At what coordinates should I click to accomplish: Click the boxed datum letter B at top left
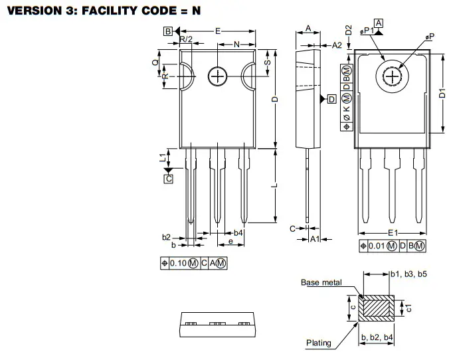pyautogui.click(x=168, y=31)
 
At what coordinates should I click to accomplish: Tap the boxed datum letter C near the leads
pyautogui.click(x=169, y=178)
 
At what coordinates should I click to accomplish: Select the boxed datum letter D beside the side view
pyautogui.click(x=332, y=100)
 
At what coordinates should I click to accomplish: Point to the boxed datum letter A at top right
pyautogui.click(x=379, y=23)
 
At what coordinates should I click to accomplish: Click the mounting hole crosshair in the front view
pyautogui.click(x=217, y=76)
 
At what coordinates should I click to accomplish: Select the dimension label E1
pyautogui.click(x=393, y=233)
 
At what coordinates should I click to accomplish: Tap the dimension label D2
pyautogui.click(x=348, y=30)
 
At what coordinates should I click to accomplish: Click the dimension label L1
pyautogui.click(x=161, y=157)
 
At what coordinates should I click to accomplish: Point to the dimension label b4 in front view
pyautogui.click(x=238, y=233)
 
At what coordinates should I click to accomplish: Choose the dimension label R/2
pyautogui.click(x=187, y=41)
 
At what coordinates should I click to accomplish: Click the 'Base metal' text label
pyautogui.click(x=321, y=283)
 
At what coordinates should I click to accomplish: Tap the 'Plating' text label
pyautogui.click(x=318, y=343)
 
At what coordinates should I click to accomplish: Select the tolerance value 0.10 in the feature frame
pyautogui.click(x=178, y=264)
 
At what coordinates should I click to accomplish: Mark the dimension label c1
pyautogui.click(x=409, y=308)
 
